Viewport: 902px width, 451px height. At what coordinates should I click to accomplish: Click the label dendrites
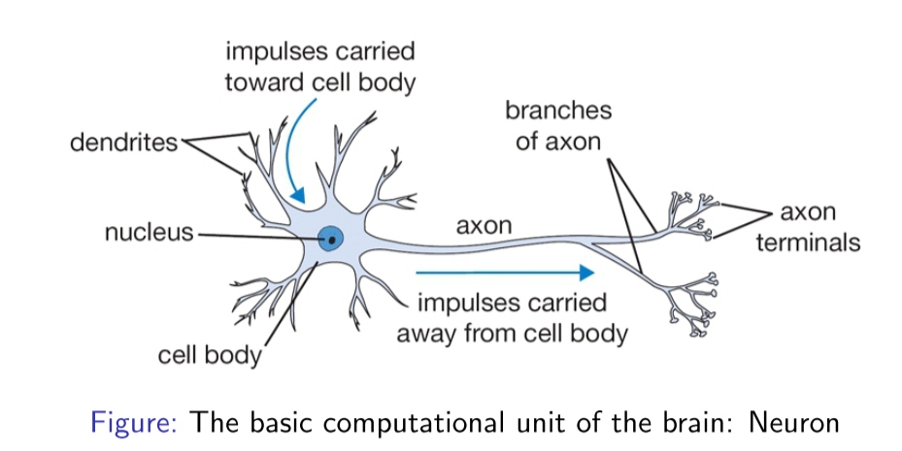124,144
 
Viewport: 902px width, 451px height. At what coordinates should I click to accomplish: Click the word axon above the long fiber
484,226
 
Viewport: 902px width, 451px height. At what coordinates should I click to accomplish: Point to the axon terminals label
808,227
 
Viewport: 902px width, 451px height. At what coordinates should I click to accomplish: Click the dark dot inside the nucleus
332,238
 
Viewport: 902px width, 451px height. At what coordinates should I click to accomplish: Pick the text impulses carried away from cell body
512,318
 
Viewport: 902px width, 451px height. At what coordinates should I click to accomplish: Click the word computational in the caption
414,423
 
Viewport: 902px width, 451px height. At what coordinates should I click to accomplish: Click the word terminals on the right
808,242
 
